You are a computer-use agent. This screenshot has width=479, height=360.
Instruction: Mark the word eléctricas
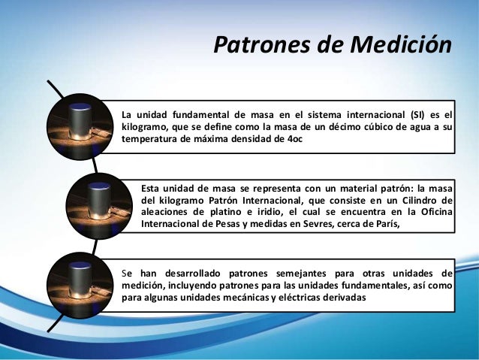click(x=300, y=297)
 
